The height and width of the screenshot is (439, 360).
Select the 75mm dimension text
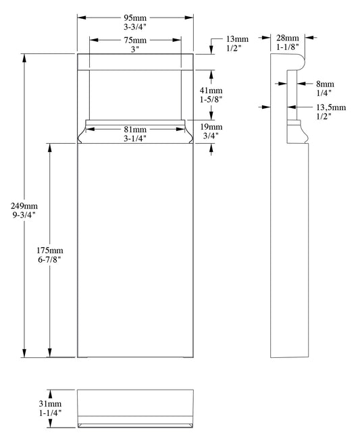(x=135, y=39)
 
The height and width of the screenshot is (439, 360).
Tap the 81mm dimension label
(x=134, y=129)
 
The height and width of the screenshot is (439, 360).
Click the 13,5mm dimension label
(x=331, y=107)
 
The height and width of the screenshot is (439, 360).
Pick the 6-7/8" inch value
(x=50, y=259)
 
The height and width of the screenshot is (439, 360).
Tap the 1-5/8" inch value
(x=211, y=99)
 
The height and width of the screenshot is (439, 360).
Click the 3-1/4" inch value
(x=134, y=138)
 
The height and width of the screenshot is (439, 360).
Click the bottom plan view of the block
(x=135, y=409)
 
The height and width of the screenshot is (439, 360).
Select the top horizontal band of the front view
(x=135, y=61)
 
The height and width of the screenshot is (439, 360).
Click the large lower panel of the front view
(x=135, y=250)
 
